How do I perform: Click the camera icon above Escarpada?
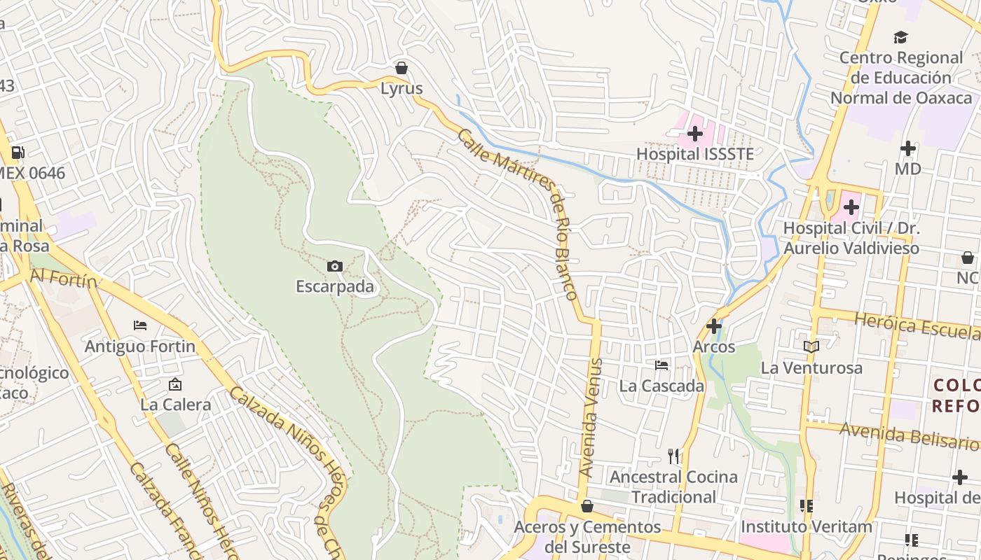pos(335,266)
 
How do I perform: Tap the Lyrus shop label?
pos(402,88)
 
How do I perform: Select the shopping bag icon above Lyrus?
pos(402,68)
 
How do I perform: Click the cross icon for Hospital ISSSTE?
pos(695,133)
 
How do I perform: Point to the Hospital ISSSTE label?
pos(695,153)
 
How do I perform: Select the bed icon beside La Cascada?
pos(661,365)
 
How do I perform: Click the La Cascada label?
pos(661,386)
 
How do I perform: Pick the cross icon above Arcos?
pos(714,326)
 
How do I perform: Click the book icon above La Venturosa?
pos(811,346)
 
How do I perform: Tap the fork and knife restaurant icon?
pos(673,456)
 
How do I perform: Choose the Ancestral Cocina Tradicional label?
pos(673,486)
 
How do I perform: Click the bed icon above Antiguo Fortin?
pos(140,325)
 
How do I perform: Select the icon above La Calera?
pos(175,384)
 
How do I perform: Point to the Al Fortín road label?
pos(63,279)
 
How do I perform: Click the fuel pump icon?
pos(18,152)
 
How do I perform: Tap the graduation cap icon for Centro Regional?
pos(901,37)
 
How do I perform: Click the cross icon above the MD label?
pos(908,148)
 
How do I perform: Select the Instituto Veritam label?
pos(806,526)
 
